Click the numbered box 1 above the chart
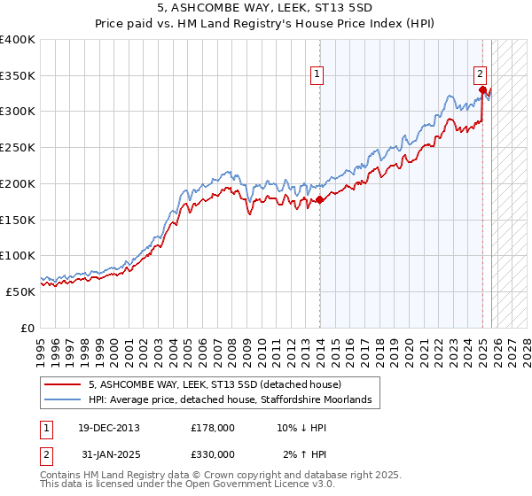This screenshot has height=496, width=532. tap(317, 75)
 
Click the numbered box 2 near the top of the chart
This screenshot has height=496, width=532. tap(479, 75)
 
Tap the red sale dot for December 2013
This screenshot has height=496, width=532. tap(319, 200)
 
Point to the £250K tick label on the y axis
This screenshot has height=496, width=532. tap(19, 147)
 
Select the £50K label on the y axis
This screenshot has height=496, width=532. tap(21, 291)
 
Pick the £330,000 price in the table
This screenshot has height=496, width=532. tap(212, 454)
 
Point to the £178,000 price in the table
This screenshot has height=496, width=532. tap(212, 428)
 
